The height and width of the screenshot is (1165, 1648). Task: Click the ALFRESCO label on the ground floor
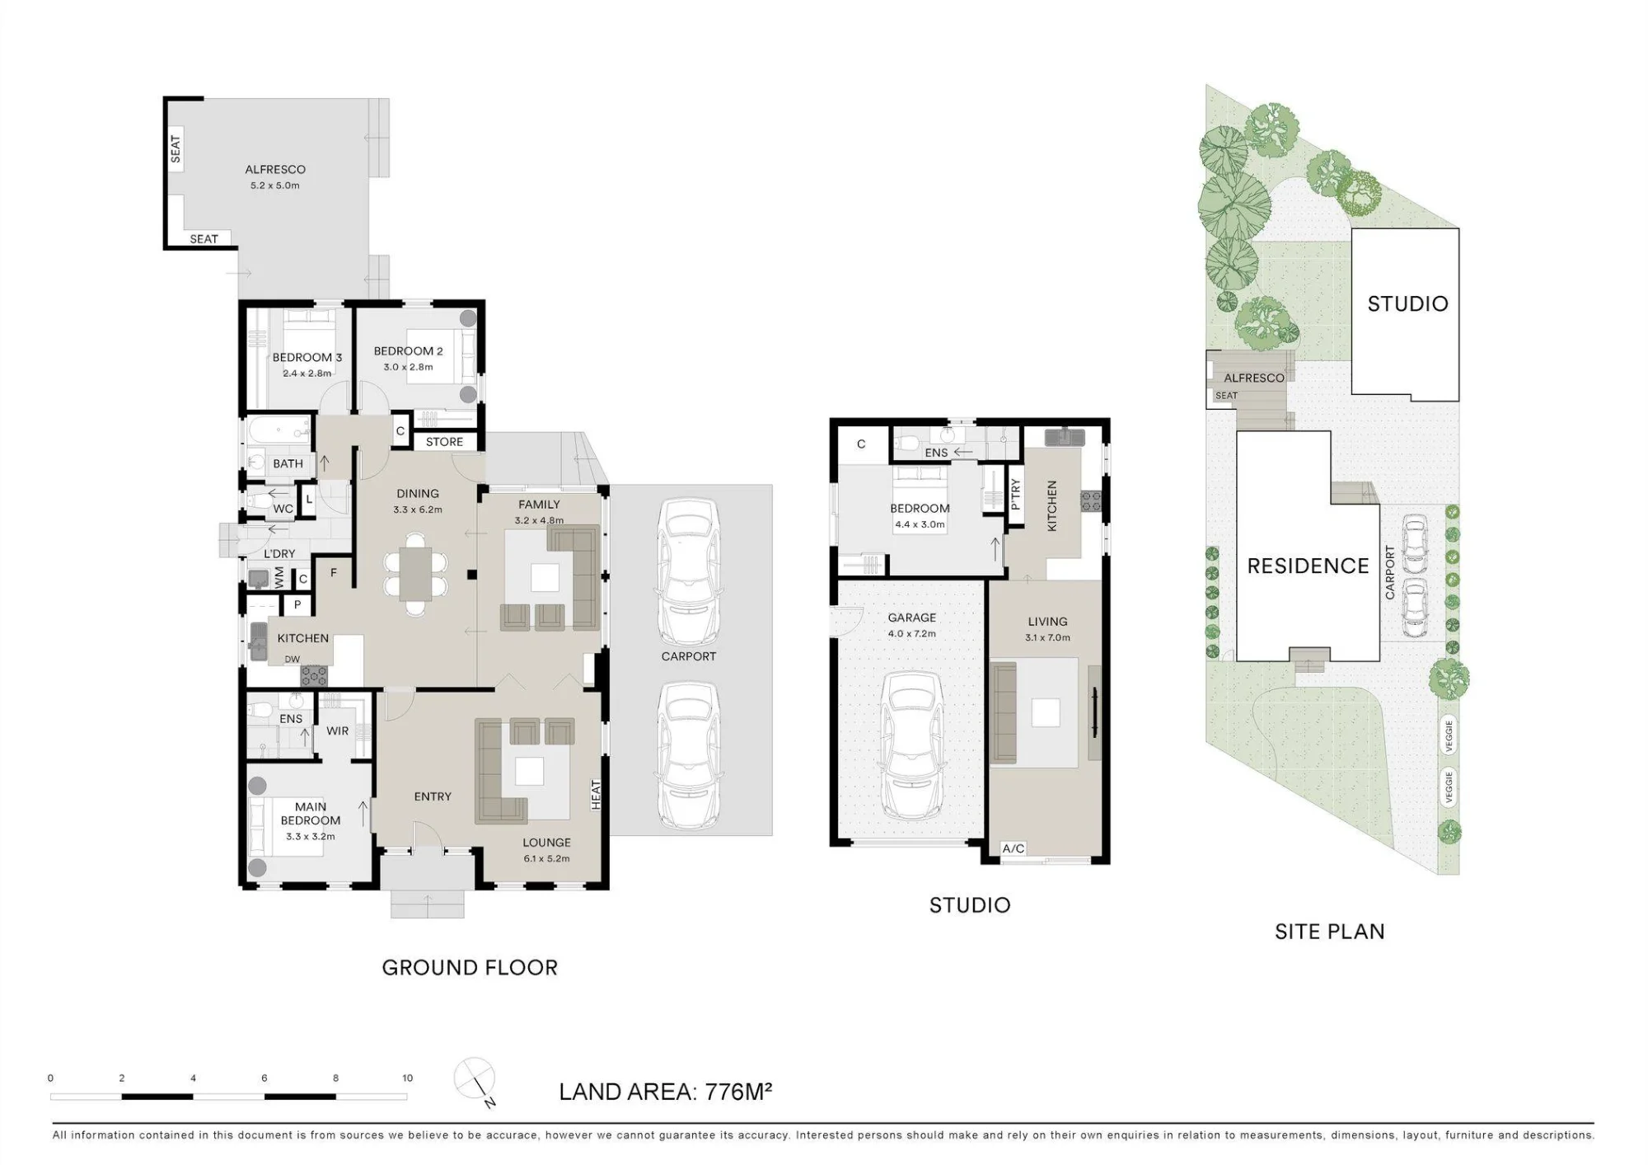click(275, 169)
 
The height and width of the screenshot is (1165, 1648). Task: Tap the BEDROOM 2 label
click(409, 351)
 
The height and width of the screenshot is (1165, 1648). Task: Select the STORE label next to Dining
click(444, 442)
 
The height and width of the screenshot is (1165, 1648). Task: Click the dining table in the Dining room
click(416, 574)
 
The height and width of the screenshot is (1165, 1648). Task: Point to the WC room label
click(283, 509)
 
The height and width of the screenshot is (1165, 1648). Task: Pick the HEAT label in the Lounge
click(596, 795)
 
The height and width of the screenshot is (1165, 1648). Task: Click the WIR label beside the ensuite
click(338, 730)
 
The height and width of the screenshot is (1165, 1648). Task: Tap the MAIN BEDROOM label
click(311, 814)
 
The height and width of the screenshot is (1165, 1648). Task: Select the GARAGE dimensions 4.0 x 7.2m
click(912, 634)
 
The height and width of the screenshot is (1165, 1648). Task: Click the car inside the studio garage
click(912, 747)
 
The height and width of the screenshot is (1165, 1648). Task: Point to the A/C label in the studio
click(1014, 848)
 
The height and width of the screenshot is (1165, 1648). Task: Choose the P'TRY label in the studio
click(1015, 495)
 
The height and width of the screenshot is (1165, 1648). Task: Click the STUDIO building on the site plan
click(1406, 313)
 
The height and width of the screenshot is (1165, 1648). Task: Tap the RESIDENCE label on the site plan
click(1308, 566)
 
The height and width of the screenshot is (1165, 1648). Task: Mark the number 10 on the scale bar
click(407, 1078)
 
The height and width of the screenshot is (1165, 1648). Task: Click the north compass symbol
click(475, 1079)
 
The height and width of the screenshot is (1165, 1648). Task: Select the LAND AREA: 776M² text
click(665, 1092)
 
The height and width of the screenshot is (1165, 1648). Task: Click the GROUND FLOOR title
click(470, 967)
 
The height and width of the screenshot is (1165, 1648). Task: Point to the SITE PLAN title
click(1329, 932)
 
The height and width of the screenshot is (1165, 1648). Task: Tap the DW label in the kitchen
click(293, 659)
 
